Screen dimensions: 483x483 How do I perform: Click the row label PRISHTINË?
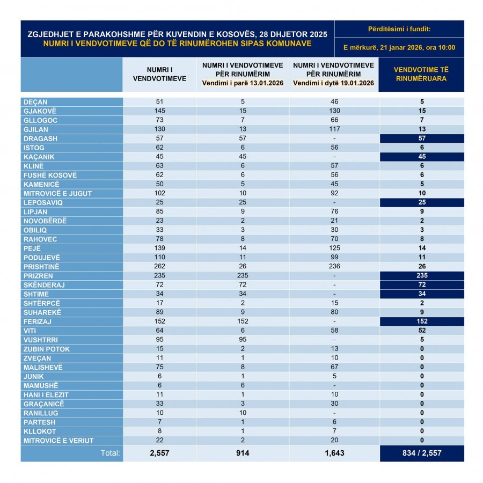click(41, 267)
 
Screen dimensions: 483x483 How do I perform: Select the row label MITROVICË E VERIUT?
click(58, 441)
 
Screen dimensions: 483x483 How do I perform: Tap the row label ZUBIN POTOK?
click(47, 349)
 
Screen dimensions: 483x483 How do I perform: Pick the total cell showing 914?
click(243, 453)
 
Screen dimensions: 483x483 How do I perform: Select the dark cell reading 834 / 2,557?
click(422, 453)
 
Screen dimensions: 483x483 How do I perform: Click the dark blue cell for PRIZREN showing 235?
click(422, 276)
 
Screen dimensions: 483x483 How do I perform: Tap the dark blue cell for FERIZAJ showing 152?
click(422, 321)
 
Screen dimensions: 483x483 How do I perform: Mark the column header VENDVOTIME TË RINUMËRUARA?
click(421, 74)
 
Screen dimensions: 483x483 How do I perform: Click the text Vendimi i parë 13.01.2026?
click(243, 83)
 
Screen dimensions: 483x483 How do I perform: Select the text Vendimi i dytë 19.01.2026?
click(333, 83)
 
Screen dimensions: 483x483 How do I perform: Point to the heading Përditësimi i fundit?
click(399, 28)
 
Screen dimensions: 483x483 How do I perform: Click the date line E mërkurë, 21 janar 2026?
click(399, 47)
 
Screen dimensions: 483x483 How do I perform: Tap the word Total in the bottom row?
click(111, 453)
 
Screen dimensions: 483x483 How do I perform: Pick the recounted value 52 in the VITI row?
click(422, 331)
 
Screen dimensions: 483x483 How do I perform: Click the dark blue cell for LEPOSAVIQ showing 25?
click(422, 203)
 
